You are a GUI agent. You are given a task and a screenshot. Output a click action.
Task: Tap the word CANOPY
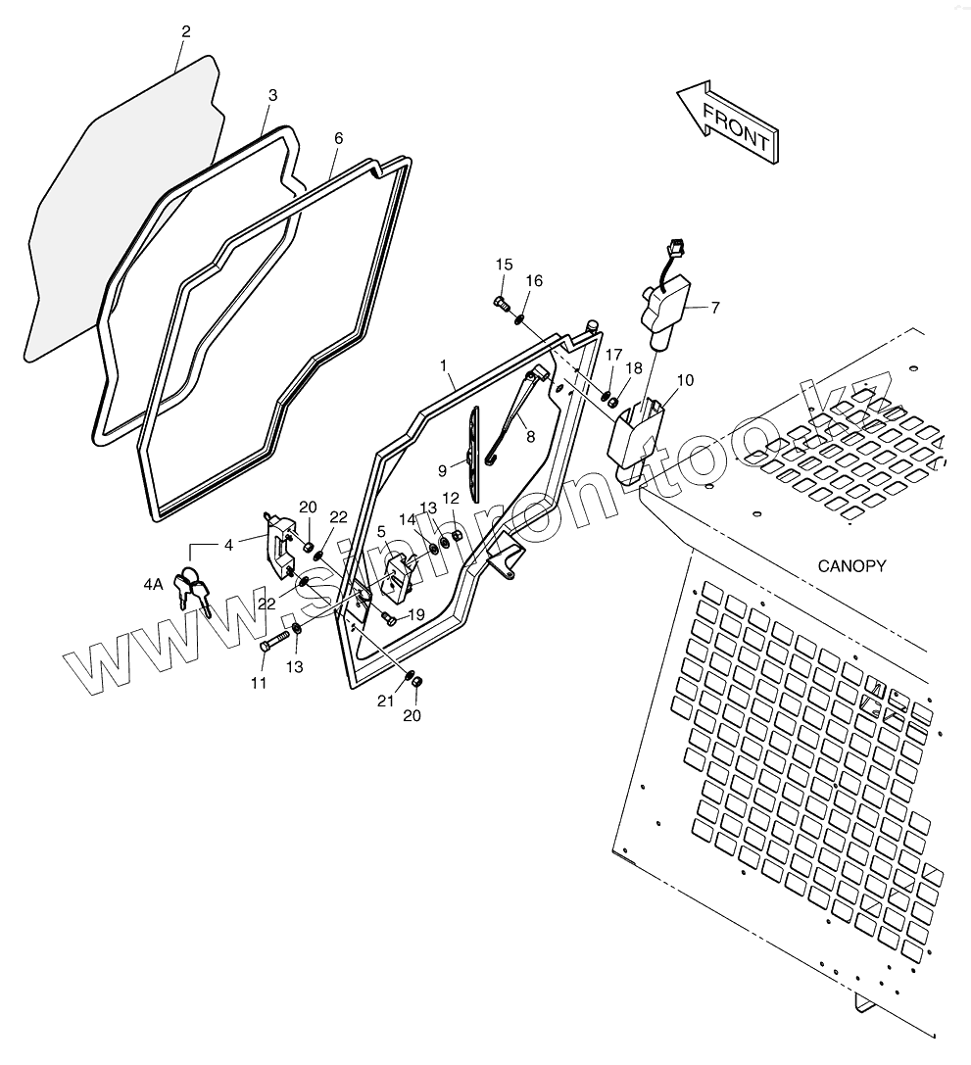pos(851,565)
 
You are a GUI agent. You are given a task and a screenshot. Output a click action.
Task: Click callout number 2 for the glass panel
pos(185,31)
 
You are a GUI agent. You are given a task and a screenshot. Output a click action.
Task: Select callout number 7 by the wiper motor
pos(715,308)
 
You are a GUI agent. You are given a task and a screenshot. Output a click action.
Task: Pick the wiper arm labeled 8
pos(519,411)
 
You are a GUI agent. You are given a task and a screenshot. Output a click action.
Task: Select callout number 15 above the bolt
pos(504,265)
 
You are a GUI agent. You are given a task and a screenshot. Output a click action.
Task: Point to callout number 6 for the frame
pos(338,138)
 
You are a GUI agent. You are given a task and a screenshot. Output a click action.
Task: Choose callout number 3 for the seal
pos(272,95)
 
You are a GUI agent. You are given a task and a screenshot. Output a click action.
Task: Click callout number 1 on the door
pos(445,365)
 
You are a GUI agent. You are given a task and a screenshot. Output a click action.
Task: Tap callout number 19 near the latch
pos(415,614)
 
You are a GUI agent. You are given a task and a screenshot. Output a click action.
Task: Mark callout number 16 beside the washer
pos(534,281)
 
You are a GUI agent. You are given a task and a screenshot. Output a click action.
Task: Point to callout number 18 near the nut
pos(635,367)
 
